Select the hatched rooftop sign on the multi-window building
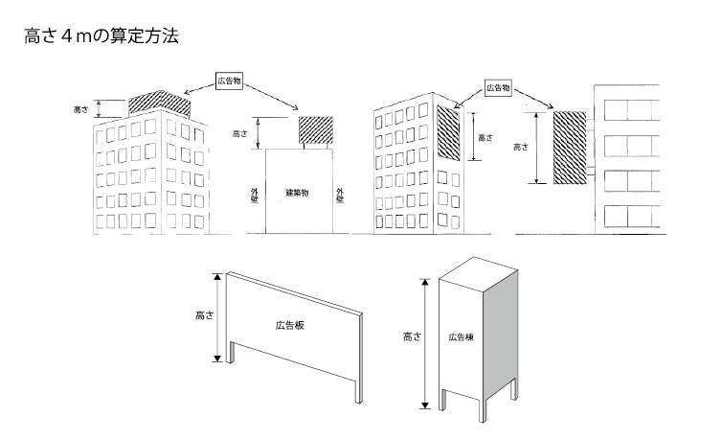click(x=157, y=102)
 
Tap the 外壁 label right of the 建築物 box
click(x=339, y=196)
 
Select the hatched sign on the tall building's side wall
click(x=448, y=132)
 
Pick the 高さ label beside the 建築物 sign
click(x=240, y=135)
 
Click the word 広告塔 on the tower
click(x=461, y=337)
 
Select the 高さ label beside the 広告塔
click(x=409, y=336)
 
